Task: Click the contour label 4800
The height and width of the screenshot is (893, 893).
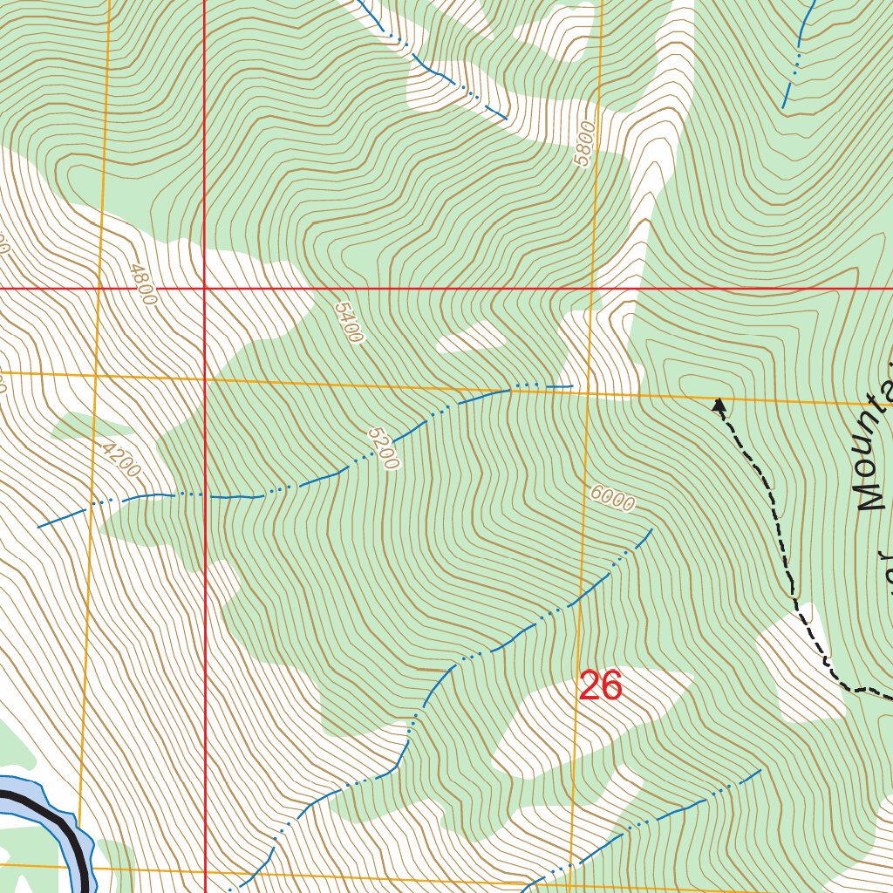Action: point(140,284)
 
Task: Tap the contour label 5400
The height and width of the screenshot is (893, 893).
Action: point(348,322)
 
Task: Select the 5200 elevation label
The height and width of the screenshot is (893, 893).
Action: point(383,448)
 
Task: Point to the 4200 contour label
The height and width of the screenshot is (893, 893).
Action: point(120,459)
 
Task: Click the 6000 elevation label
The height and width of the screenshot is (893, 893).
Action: point(611,498)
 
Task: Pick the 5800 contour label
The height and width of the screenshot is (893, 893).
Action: point(584,144)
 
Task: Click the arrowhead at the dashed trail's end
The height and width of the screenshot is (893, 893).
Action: point(719,404)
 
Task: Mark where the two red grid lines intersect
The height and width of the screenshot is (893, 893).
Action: point(204,287)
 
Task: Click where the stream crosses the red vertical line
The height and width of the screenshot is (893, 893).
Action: point(204,496)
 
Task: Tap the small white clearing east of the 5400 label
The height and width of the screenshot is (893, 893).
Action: point(471,337)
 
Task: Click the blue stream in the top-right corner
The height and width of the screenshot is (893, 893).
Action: point(795,61)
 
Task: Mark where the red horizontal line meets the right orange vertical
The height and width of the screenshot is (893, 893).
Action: point(592,287)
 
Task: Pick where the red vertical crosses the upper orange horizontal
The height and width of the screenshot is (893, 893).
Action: point(204,378)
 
